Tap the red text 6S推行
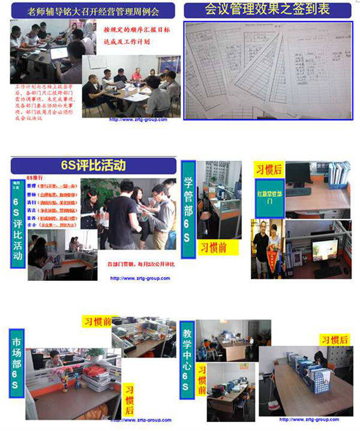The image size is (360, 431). coord(36,179)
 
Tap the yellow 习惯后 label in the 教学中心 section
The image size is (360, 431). coord(334,340)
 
